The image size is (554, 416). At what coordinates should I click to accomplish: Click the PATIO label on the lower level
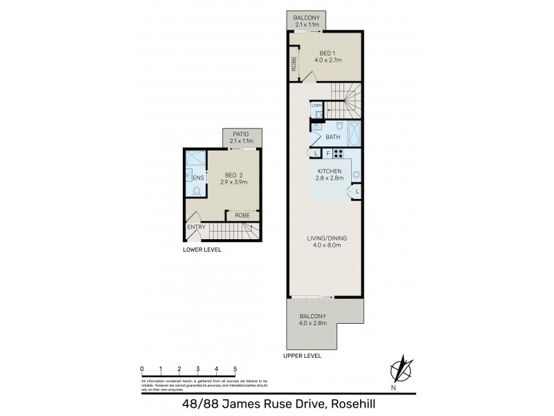point(240,135)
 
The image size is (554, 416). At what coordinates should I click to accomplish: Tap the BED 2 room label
point(233,175)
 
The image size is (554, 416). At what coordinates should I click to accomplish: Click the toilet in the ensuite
point(197,190)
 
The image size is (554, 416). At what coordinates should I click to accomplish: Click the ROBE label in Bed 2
point(242,216)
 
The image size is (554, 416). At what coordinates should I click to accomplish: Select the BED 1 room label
point(328,53)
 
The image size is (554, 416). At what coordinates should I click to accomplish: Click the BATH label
point(333,137)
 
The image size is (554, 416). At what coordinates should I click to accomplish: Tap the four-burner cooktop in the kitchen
point(340,153)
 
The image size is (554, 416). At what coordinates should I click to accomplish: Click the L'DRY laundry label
point(316,105)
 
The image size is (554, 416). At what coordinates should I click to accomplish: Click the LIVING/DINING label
point(328,239)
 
